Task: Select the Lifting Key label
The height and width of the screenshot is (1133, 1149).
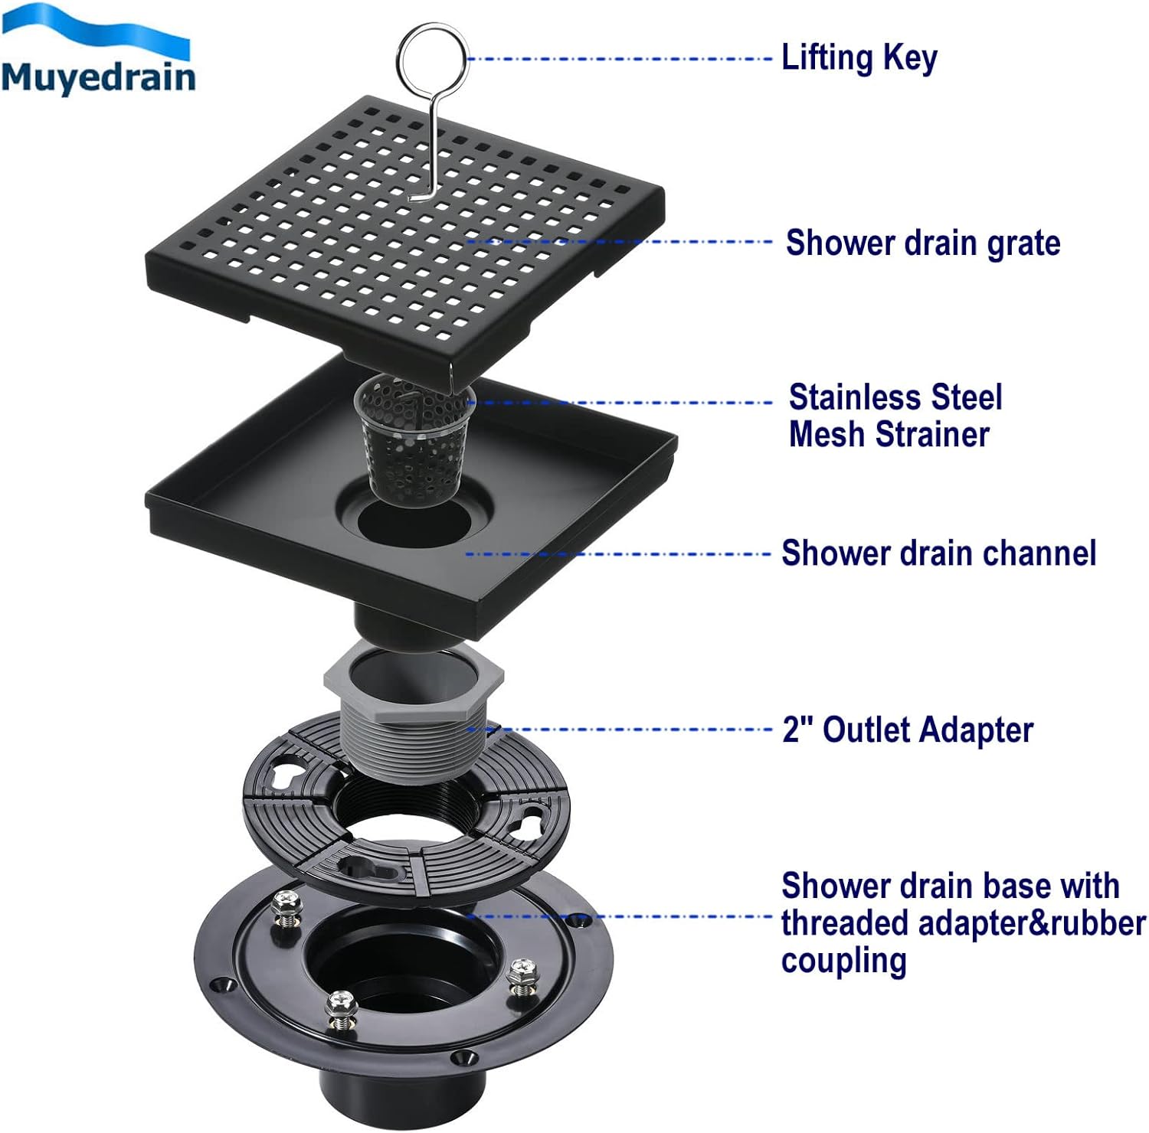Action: click(x=859, y=58)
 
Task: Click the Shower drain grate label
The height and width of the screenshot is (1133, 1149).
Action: click(x=923, y=243)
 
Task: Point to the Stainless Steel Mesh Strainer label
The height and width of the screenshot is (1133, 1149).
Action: click(x=895, y=416)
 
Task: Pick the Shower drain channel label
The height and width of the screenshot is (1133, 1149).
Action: click(x=938, y=553)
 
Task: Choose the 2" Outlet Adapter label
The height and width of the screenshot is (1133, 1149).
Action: click(x=908, y=730)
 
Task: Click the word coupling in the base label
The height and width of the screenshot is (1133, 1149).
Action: click(x=843, y=960)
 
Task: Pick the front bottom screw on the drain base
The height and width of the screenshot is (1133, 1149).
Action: click(x=340, y=1009)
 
